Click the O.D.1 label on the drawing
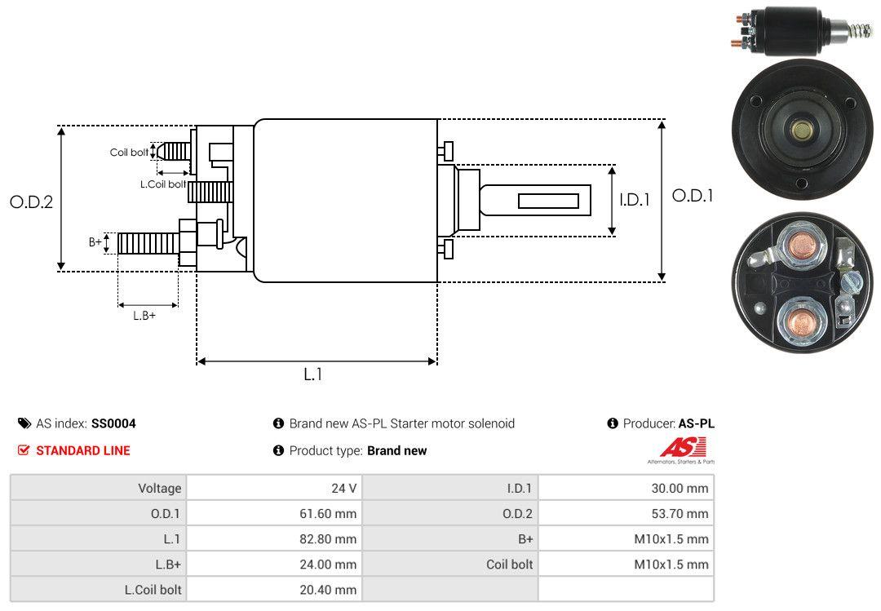pos(693,196)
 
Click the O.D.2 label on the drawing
pos(31,201)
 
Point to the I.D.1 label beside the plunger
pos(634,199)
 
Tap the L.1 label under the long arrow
pos(314,374)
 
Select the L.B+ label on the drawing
pos(144,316)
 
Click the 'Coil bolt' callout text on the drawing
pos(129,153)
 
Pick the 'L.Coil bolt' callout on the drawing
pos(163,184)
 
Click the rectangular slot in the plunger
pos(548,201)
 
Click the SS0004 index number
pos(113,423)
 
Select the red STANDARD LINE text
pos(82,450)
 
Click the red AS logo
pos(676,448)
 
